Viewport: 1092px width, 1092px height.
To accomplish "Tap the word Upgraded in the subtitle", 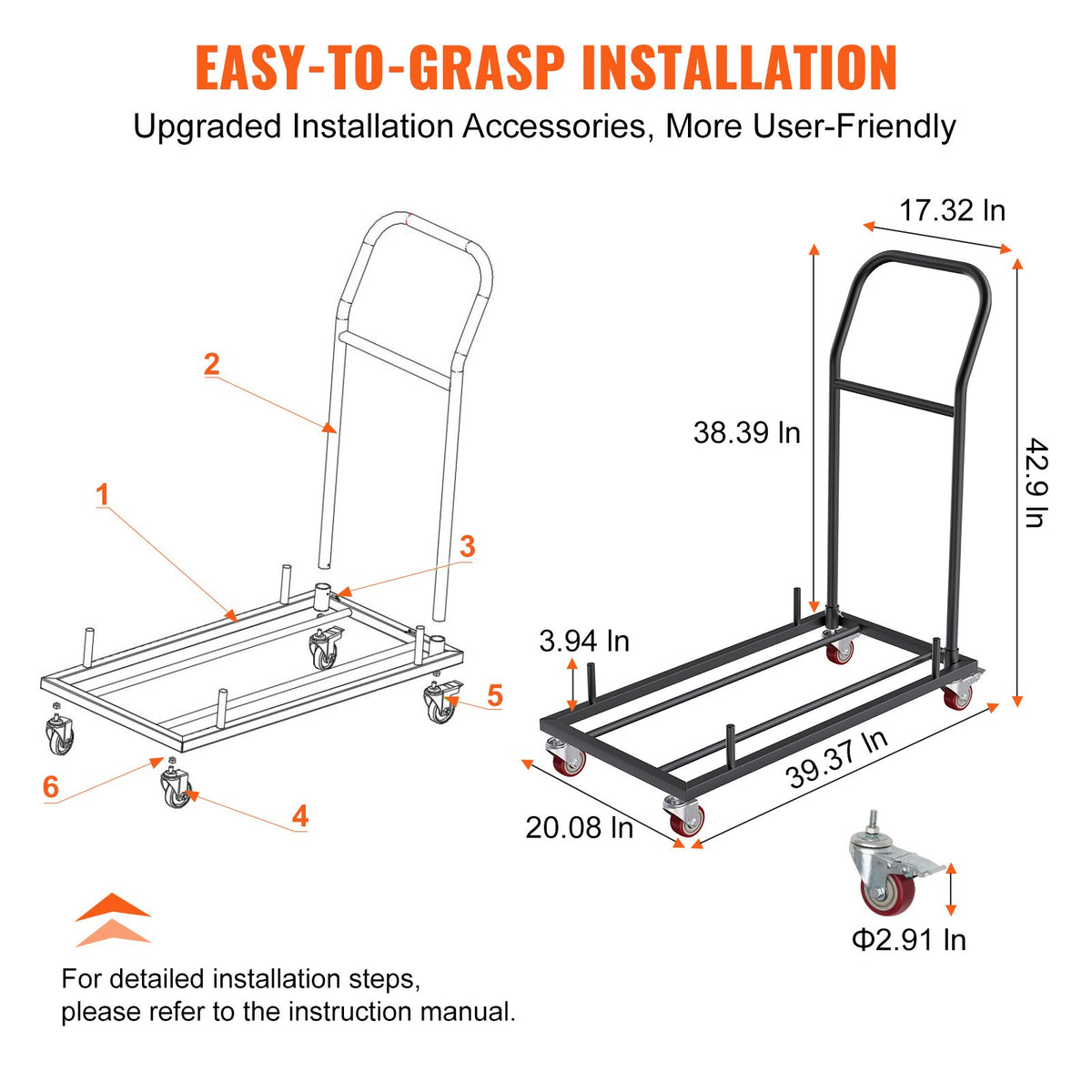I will [x=207, y=126].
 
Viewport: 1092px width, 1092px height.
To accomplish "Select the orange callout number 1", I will [x=102, y=496].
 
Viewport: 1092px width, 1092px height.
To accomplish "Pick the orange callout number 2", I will [x=211, y=365].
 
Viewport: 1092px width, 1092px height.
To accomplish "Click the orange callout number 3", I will [x=467, y=547].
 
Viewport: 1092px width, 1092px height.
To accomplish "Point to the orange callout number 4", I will [x=300, y=815].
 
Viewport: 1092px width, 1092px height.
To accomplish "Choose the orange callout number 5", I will [x=494, y=696].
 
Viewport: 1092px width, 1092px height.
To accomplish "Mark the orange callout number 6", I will [x=51, y=787].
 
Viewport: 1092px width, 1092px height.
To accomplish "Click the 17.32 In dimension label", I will [x=952, y=211].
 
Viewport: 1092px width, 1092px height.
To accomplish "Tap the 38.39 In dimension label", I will [x=746, y=432].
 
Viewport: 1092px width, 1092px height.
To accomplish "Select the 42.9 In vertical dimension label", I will [x=1035, y=482].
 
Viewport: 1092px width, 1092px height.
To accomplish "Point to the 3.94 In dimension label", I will [x=584, y=641].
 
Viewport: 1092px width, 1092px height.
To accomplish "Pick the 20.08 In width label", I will [x=580, y=827].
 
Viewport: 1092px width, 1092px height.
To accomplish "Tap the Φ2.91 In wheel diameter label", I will [x=908, y=939].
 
